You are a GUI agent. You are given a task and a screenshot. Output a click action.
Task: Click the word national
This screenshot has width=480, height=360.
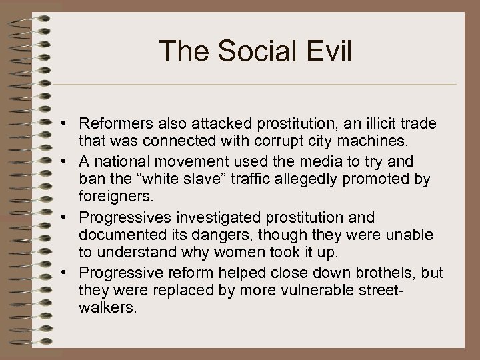[114, 162]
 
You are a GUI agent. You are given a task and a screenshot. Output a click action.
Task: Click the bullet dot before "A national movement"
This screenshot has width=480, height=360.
[69, 162]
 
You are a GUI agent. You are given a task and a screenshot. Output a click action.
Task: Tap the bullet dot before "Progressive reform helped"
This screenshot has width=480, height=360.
[69, 273]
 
